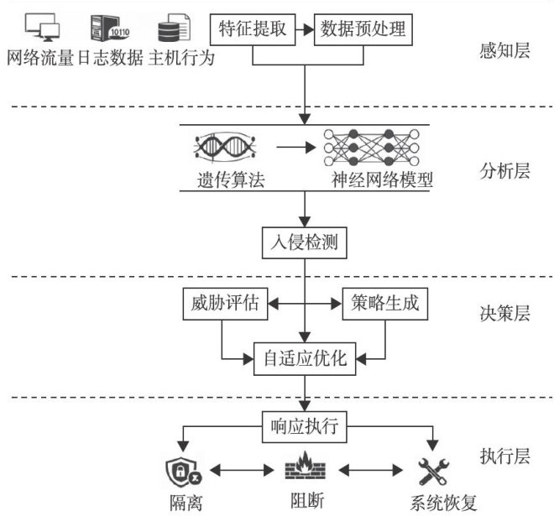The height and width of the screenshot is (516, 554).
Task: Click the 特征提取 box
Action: pyautogui.click(x=253, y=29)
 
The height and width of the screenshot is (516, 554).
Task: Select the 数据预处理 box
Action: pyautogui.click(x=363, y=29)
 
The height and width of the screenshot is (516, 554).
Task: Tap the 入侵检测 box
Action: pyautogui.click(x=304, y=243)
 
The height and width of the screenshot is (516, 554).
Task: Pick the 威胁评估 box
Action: pyautogui.click(x=225, y=304)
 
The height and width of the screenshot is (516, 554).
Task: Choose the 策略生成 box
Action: pyautogui.click(x=385, y=304)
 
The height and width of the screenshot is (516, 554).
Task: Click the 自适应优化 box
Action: pyautogui.click(x=305, y=359)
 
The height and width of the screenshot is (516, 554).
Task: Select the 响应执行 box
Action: pyautogui.click(x=304, y=427)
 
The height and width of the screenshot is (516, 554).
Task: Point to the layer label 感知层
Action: pyautogui.click(x=504, y=50)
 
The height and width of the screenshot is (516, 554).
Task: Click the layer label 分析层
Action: pyautogui.click(x=504, y=172)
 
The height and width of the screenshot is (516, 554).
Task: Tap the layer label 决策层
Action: pyautogui.click(x=504, y=313)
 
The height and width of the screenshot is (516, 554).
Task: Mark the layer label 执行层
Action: pyautogui.click(x=504, y=456)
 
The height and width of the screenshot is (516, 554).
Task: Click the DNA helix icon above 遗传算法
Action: pyautogui.click(x=226, y=147)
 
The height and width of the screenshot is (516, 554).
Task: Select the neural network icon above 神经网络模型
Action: pyautogui.click(x=371, y=148)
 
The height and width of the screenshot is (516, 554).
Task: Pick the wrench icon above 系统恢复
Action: pyautogui.click(x=433, y=472)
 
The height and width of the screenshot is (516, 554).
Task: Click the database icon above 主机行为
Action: pyautogui.click(x=174, y=28)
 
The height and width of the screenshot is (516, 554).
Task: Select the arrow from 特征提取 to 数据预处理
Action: pyautogui.click(x=305, y=29)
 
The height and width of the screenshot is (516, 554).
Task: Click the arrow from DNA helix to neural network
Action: pyautogui.click(x=295, y=148)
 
